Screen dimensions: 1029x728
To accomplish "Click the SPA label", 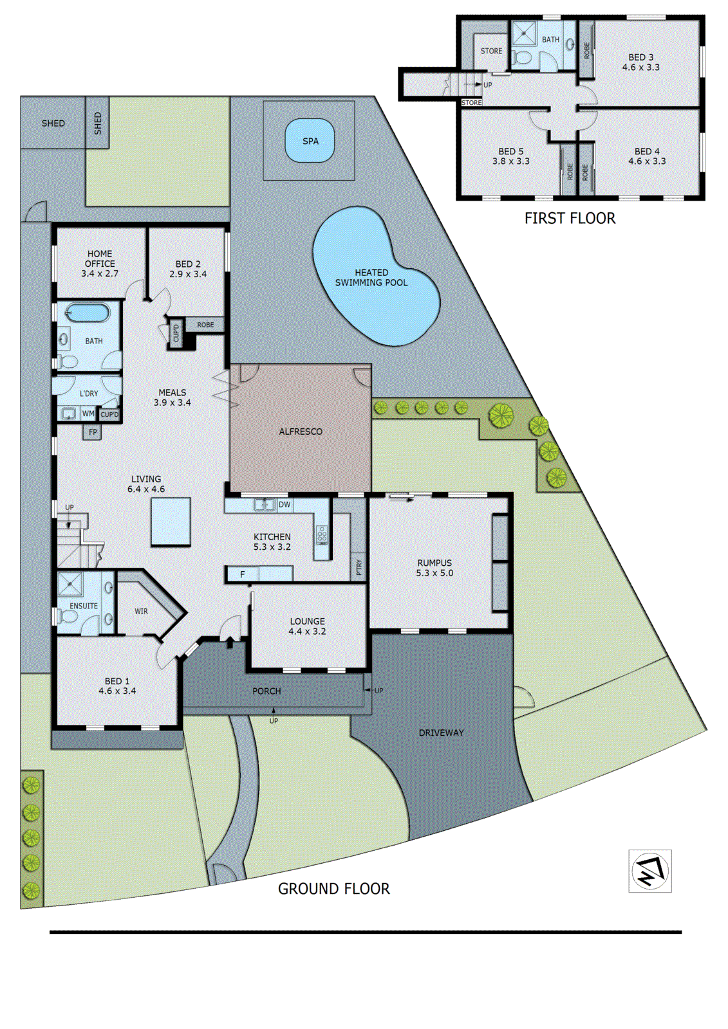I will coord(310,141).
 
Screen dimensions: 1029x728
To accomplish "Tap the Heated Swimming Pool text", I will coord(371,278).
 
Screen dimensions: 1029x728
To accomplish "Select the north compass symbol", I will coord(650,871).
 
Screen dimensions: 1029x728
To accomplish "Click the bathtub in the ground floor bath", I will coord(88,314).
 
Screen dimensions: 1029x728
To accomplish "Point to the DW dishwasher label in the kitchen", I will coord(285,505).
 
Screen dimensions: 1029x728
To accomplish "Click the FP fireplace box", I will coord(93,432).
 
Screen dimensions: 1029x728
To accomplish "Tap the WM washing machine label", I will coord(88,414).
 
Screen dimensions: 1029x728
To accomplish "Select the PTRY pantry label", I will coord(359,567).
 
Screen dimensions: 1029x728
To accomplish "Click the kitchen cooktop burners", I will coord(322,534).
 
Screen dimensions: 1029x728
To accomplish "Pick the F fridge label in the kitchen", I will coord(243,574).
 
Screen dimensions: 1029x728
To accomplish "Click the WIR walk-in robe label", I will coord(141,611).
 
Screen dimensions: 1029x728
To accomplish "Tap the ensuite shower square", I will coord(70,585).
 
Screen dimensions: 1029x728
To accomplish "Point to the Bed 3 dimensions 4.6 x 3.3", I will coord(640,68).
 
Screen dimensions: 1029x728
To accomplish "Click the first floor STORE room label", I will coord(491,51).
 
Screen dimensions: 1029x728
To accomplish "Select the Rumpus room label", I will coord(434,563).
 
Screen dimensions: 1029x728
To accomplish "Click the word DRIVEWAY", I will coord(441,733).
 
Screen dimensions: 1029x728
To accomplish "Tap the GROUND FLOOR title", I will coord(333,889).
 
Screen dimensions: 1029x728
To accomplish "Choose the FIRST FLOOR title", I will coord(570,219).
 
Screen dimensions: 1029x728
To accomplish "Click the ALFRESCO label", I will coord(301,432).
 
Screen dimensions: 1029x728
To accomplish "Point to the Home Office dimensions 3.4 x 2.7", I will coord(100,273).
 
